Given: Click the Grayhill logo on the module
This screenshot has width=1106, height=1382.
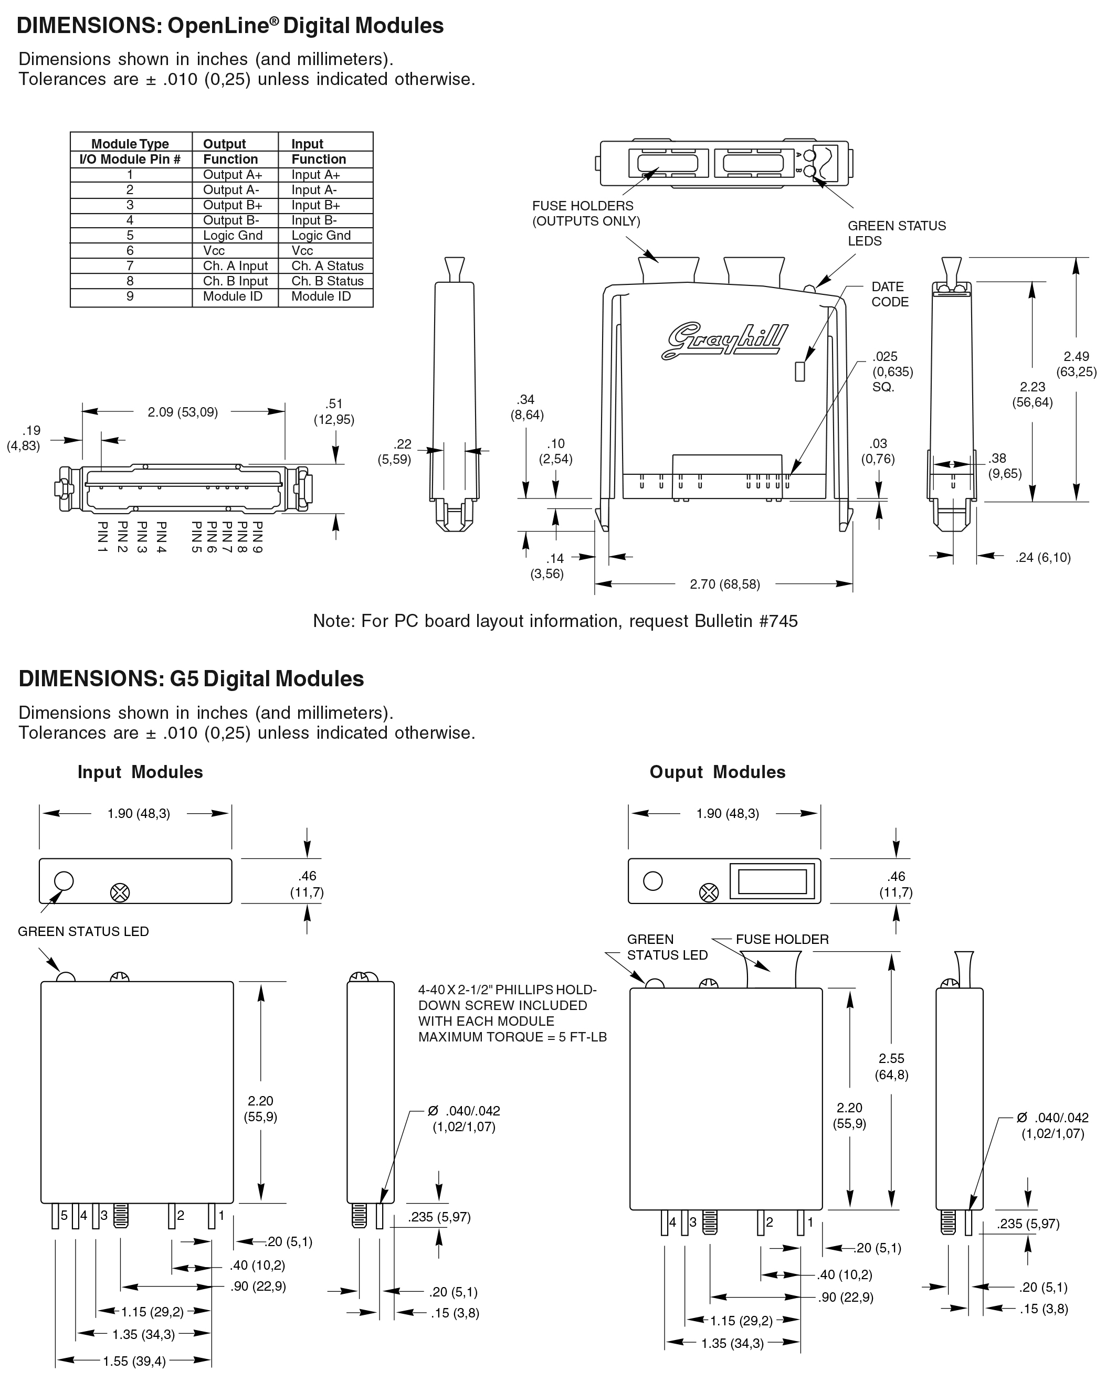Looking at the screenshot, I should [x=724, y=340].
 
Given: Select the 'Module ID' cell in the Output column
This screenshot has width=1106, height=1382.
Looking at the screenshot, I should [x=233, y=296].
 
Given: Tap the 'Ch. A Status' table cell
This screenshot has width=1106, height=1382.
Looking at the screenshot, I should [x=327, y=265].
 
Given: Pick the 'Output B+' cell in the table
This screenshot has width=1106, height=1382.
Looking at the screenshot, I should [x=233, y=205].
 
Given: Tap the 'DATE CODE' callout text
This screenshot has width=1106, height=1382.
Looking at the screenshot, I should [x=889, y=294].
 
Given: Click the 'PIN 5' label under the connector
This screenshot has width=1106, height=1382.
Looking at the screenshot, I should [x=197, y=537].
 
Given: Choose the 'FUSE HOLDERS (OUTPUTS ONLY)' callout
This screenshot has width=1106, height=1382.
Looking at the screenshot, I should [x=586, y=214].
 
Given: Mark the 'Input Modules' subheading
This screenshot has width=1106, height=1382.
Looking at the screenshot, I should [x=140, y=772].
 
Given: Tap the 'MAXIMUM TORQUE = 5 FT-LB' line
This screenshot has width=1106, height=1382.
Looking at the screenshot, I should [x=512, y=1037].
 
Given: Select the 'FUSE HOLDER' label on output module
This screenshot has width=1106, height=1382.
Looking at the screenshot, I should [x=782, y=939].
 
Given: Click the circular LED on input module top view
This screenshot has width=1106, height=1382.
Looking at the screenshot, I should [x=64, y=880].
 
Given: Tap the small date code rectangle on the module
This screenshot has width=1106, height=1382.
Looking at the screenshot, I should [x=799, y=372].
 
